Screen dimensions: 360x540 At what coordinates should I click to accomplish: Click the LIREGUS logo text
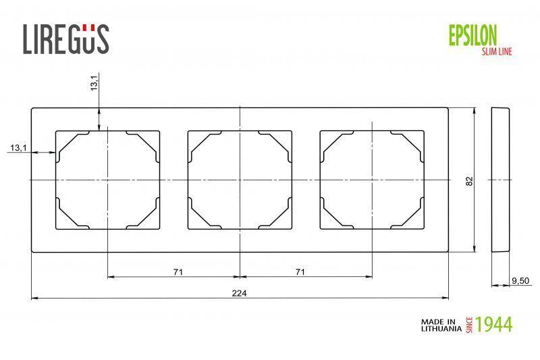pyautogui.click(x=66, y=38)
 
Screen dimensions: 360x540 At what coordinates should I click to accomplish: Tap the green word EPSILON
pyautogui.click(x=473, y=33)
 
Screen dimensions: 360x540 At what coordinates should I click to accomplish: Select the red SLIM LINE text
pyautogui.click(x=496, y=51)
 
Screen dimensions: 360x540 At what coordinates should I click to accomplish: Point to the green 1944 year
pyautogui.click(x=493, y=325)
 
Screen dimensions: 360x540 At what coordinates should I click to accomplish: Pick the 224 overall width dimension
pyautogui.click(x=239, y=292)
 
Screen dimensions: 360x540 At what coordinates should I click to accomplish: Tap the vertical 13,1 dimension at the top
pyautogui.click(x=94, y=83)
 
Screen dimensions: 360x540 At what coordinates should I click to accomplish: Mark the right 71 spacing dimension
pyautogui.click(x=300, y=272)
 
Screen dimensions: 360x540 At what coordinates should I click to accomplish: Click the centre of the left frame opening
pyautogui.click(x=107, y=180)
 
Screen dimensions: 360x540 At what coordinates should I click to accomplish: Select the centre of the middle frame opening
pyautogui.click(x=240, y=180)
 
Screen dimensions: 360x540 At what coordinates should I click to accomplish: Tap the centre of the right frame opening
pyautogui.click(x=372, y=180)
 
